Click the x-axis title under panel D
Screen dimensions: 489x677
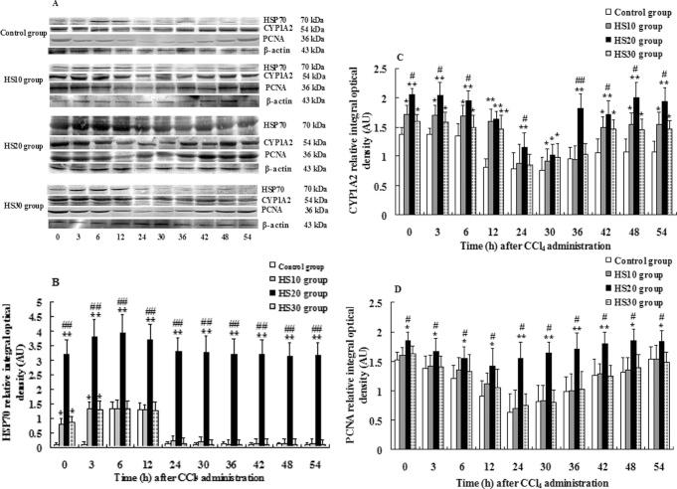click(523, 481)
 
